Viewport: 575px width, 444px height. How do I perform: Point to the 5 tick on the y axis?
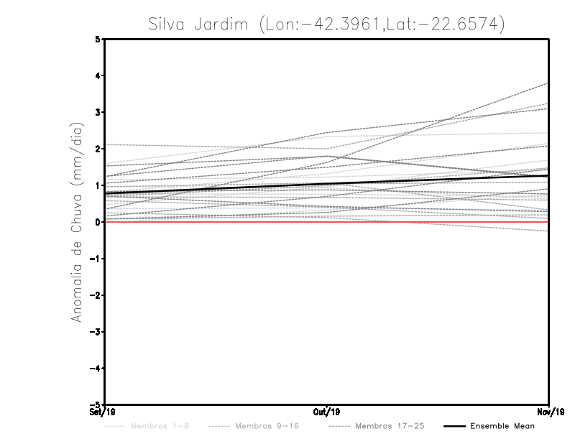pos(98,39)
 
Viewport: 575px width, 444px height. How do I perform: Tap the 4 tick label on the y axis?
pos(98,75)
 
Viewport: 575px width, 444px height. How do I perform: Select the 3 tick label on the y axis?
pos(98,112)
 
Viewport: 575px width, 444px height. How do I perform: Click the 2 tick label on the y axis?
pos(98,149)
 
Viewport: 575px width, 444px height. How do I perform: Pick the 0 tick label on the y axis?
pos(98,222)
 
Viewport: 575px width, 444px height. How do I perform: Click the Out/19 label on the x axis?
pos(327,413)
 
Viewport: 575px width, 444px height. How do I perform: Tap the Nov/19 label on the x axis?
pos(549,413)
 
